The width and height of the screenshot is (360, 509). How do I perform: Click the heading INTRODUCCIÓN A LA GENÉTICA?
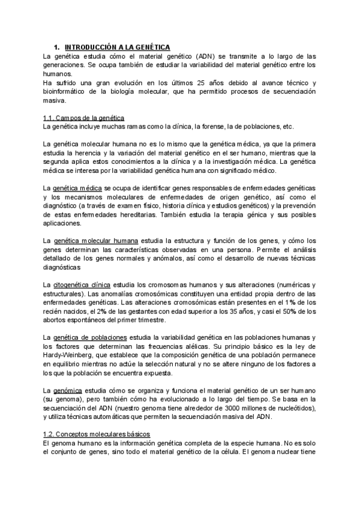(117, 47)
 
